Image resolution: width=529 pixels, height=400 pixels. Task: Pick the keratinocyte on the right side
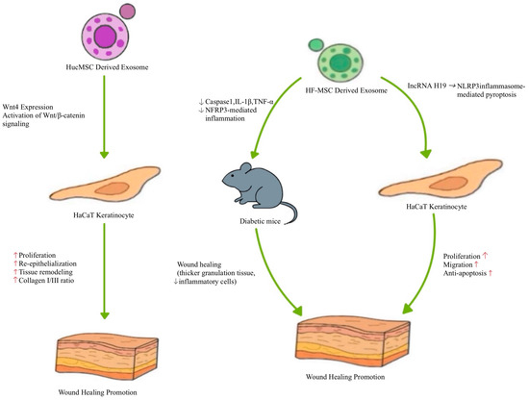coord(425,192)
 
